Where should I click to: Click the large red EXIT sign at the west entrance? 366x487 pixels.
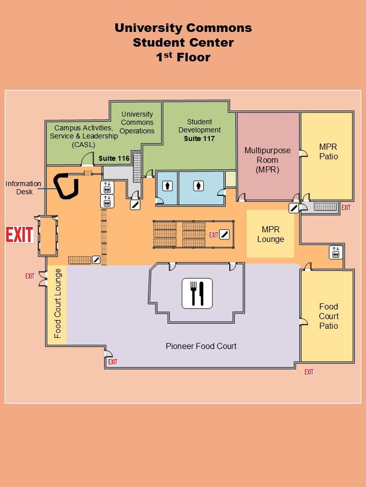click(x=19, y=234)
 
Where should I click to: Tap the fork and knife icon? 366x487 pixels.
click(x=197, y=294)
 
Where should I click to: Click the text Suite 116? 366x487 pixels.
click(x=114, y=158)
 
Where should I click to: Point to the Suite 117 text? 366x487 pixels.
click(x=199, y=138)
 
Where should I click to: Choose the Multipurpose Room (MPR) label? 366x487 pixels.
click(x=268, y=160)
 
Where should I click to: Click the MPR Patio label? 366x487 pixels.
click(x=328, y=151)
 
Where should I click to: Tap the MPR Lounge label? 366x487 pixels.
click(x=270, y=234)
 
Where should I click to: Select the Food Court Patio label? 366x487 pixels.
click(x=329, y=316)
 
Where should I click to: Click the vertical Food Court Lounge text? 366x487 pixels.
click(x=57, y=303)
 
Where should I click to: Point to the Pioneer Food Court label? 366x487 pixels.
click(x=201, y=346)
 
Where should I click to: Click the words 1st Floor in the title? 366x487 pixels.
click(x=184, y=57)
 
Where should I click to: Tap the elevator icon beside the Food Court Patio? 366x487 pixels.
click(x=336, y=252)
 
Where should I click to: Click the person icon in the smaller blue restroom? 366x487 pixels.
click(x=167, y=186)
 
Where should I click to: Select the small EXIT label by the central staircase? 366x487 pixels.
click(x=213, y=235)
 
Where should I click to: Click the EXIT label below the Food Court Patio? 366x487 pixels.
click(x=309, y=372)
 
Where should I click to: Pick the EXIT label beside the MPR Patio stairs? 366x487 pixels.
click(x=346, y=207)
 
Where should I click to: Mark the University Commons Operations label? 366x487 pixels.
click(x=137, y=122)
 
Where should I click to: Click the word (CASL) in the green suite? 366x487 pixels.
click(x=83, y=145)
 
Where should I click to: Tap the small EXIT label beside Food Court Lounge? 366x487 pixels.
click(x=30, y=276)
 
